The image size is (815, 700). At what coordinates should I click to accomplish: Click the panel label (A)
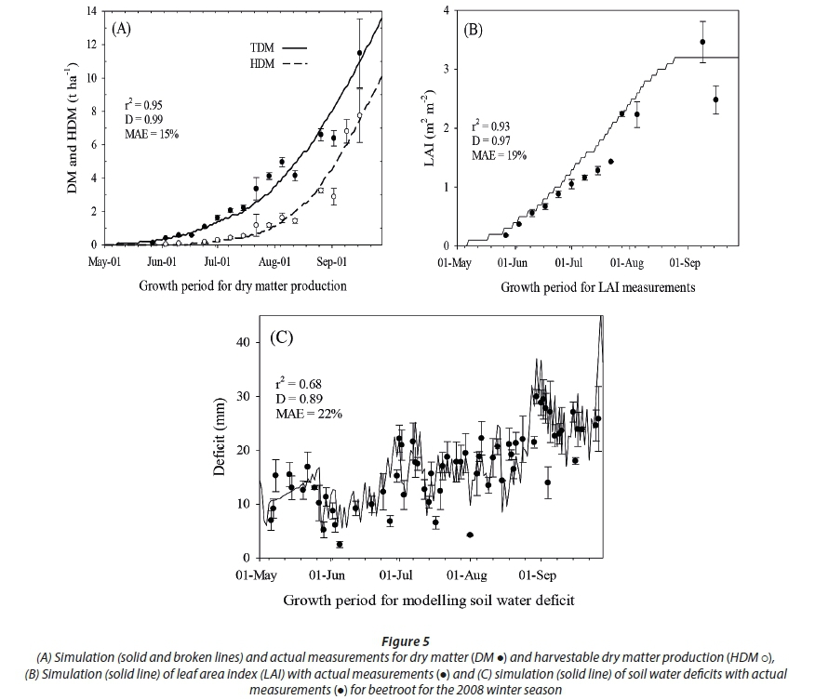122,29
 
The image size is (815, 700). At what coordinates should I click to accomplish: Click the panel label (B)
473,29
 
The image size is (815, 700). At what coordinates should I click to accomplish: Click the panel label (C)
282,337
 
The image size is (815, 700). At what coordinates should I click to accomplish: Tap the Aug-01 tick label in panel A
275,262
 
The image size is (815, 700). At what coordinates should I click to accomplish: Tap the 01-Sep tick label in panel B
686,263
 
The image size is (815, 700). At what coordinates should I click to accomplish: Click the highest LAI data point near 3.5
702,42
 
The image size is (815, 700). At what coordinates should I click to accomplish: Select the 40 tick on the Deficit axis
245,342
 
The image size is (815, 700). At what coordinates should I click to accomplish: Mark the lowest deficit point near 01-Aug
470,535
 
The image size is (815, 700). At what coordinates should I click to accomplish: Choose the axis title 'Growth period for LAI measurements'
597,288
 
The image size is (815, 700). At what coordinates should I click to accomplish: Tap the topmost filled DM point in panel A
359,53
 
